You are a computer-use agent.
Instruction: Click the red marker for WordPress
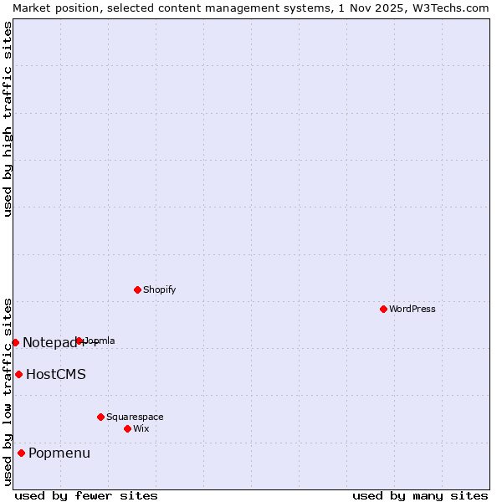(x=383, y=309)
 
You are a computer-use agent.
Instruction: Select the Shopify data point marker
(x=137, y=289)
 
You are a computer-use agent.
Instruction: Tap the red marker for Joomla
(x=79, y=341)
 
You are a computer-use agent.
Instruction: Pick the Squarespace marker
(x=100, y=417)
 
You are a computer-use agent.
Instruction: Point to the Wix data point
(x=127, y=428)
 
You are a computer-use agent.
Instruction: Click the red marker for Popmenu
(x=21, y=453)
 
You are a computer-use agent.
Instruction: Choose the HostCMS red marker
(x=18, y=374)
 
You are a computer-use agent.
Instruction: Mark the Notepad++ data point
(x=15, y=342)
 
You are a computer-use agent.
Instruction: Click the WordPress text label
(x=412, y=309)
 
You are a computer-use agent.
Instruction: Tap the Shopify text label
(x=159, y=289)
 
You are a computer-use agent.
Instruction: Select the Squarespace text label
(x=135, y=417)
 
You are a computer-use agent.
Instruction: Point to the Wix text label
(x=141, y=428)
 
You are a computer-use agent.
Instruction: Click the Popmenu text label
(x=59, y=453)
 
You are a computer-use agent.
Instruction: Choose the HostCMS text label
(x=56, y=374)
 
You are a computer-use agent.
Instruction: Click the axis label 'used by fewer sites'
(x=86, y=495)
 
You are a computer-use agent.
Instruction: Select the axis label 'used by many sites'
(x=420, y=495)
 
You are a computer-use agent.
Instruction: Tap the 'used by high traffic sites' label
(x=8, y=119)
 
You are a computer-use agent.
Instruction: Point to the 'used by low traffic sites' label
(x=8, y=392)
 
